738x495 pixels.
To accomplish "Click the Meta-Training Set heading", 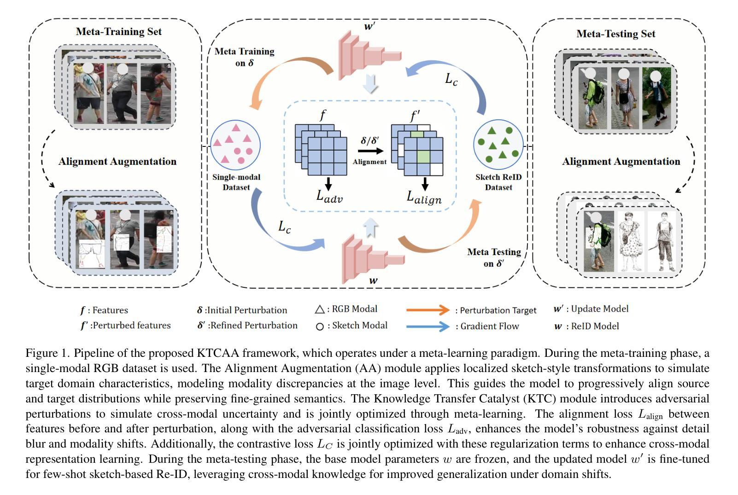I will (x=119, y=31).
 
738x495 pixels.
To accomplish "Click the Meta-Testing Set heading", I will (x=615, y=34).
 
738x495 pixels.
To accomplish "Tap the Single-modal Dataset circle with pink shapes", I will (x=235, y=145).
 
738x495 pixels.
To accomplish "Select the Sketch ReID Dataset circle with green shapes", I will (x=498, y=144).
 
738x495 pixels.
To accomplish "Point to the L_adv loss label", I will (x=329, y=196).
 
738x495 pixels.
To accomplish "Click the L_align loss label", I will (x=424, y=197).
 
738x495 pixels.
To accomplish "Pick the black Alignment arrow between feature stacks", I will (x=370, y=151).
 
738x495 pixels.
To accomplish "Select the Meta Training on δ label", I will (x=244, y=57).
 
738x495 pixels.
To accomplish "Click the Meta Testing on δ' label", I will (x=494, y=257).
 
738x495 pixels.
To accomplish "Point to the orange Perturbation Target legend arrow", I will (x=428, y=310).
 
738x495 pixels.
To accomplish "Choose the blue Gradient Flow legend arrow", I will (x=428, y=326).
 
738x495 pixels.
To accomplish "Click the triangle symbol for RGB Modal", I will (x=320, y=309).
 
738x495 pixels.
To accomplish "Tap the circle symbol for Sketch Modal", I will (x=320, y=326).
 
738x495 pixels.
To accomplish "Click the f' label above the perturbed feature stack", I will (x=415, y=116).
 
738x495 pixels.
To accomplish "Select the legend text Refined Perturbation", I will (x=252, y=325).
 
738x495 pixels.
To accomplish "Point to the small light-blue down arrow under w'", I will (x=370, y=84).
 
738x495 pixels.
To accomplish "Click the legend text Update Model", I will (x=599, y=309).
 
